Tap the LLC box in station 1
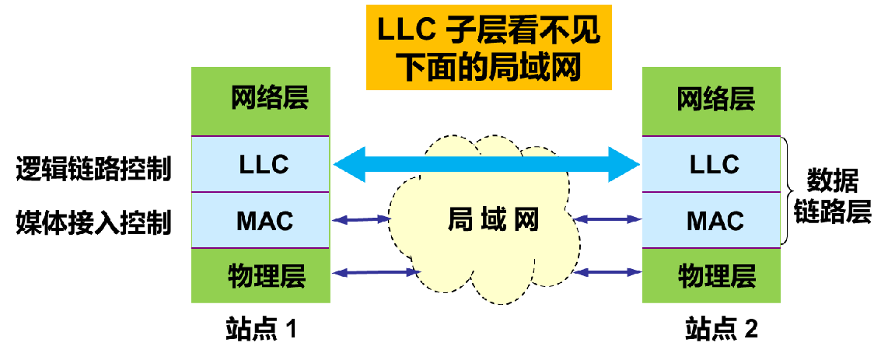click(x=260, y=164)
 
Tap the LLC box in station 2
click(x=711, y=164)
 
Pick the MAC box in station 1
click(x=260, y=221)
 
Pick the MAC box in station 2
click(x=711, y=221)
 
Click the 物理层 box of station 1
click(x=260, y=274)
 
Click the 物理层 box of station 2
click(x=711, y=274)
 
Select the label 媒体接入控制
click(x=93, y=223)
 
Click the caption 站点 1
click(x=261, y=329)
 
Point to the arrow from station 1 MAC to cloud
click(x=362, y=221)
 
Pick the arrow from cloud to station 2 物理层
click(x=610, y=272)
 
